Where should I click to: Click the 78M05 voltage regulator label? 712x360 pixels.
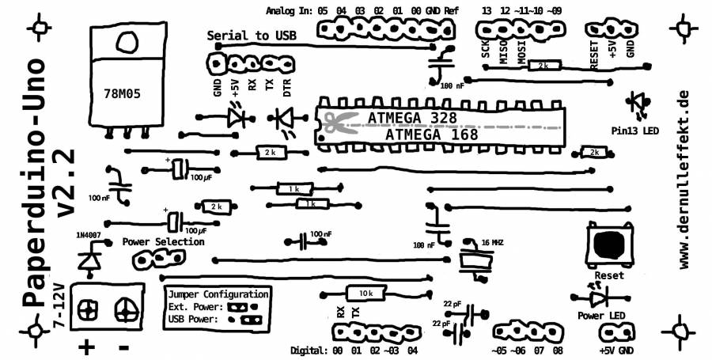[x=122, y=93]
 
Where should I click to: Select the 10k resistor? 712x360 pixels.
[x=365, y=293]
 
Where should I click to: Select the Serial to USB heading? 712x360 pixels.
[x=252, y=36]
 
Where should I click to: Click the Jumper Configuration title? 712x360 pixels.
[x=214, y=292]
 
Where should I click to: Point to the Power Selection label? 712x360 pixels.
[x=164, y=241]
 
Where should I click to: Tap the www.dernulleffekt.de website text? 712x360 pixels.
[x=685, y=179]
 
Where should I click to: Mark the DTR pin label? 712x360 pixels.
[x=286, y=86]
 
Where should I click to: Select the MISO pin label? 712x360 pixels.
[x=504, y=52]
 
